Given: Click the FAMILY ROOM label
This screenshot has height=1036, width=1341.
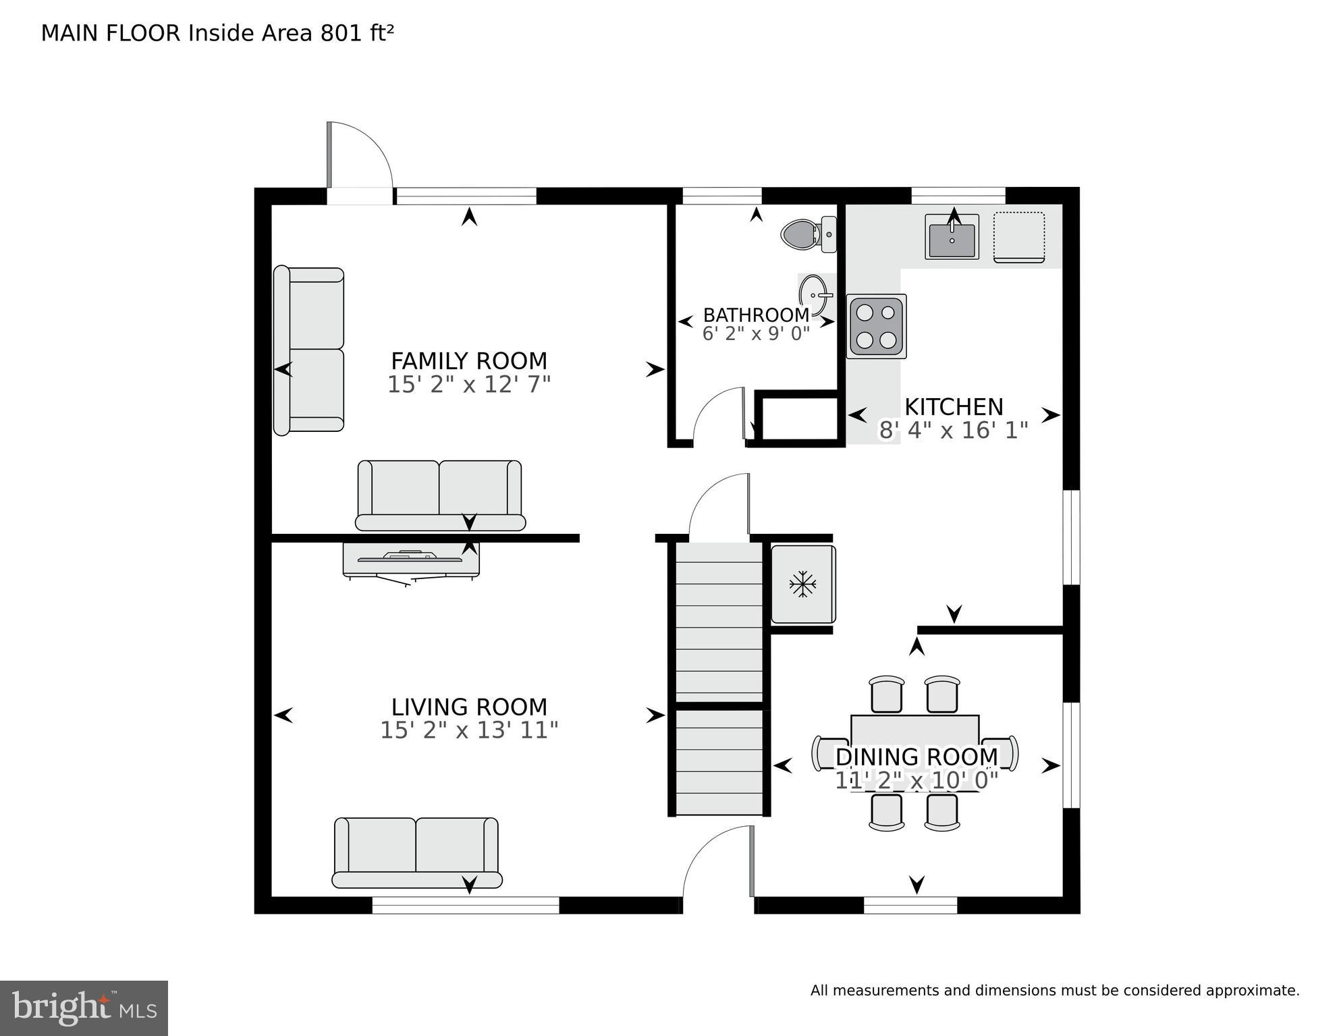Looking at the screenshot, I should pos(469,360).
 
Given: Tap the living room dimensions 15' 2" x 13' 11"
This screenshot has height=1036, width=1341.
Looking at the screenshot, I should pos(469,730).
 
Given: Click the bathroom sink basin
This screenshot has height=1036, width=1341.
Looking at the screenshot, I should pos(813,295).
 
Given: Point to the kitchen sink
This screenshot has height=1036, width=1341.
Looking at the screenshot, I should pos(952,238).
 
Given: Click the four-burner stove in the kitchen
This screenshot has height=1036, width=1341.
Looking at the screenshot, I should pos(876,327).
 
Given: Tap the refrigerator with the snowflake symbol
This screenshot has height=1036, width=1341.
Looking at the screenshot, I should pos(802,584).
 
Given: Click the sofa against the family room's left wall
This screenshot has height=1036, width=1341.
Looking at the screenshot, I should pos(309,350).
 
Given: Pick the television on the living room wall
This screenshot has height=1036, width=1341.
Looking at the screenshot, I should pos(412,561).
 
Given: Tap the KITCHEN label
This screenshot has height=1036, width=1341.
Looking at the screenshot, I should pos(954,407).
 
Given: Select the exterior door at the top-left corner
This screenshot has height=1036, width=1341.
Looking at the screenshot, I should pos(359,162).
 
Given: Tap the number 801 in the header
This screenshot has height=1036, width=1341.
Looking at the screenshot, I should pos(341,33).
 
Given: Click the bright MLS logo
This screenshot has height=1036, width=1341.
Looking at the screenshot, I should pos(84,1008).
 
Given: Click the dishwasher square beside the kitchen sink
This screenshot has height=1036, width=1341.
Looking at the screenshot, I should pos(1018,237).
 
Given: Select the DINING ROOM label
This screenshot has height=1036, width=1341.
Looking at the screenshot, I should pos(916,757).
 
